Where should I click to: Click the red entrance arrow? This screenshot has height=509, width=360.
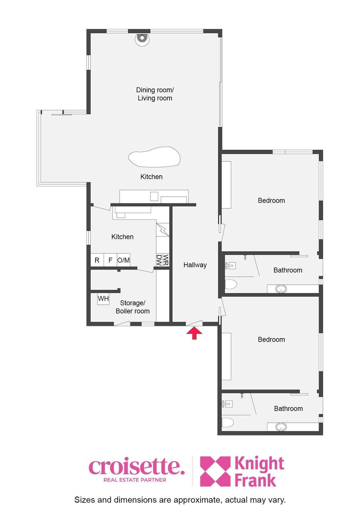coord(194,333)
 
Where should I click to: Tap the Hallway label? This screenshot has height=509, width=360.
coord(195,265)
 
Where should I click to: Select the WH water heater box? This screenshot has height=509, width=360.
coord(103,298)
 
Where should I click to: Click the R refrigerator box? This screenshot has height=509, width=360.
coord(97,260)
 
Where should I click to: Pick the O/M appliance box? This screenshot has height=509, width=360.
coord(124,260)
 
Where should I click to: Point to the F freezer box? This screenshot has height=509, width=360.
coord(110,260)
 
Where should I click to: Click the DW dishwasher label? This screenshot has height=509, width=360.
coord(159,260)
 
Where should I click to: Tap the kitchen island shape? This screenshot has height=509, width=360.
coord(154,157)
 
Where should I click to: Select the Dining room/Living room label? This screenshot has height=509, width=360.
coord(155,94)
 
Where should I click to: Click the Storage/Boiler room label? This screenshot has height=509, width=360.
coord(133,307)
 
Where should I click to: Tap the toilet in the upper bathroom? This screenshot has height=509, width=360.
coord(231,284)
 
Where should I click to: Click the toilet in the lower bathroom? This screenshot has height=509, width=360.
coord(228,422)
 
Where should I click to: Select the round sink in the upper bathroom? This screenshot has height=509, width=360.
coord(281,289)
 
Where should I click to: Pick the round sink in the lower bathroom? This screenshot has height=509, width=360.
coord(281,427)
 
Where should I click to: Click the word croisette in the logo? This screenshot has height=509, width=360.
coord(137,467)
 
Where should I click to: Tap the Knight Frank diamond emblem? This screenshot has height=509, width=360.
coord(215,471)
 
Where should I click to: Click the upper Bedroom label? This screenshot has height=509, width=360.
coord(271,200)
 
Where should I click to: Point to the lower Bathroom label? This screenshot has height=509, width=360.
coord(288,408)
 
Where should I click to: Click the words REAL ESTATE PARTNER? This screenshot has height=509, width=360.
coord(135,480)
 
